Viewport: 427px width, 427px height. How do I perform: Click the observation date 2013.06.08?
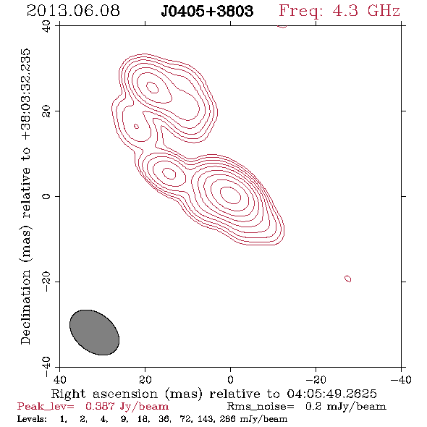[73, 11]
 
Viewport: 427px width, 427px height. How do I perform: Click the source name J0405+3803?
[207, 11]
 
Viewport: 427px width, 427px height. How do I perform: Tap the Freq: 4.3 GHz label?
[339, 11]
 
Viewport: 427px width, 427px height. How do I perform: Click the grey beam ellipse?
[95, 332]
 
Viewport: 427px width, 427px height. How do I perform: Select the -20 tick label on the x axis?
[316, 380]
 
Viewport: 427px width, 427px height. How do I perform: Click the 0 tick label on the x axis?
[230, 380]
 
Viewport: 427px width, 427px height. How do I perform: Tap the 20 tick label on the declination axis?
[46, 111]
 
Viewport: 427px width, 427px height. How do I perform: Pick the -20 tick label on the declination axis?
[46, 282]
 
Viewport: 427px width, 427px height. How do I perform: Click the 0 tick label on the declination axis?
[46, 196]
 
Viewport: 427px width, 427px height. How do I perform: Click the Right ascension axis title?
[214, 394]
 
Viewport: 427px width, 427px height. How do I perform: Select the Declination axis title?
[25, 197]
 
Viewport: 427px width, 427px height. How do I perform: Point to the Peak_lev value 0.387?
[100, 407]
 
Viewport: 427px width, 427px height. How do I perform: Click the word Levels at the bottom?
[32, 419]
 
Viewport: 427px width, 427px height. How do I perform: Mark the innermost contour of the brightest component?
[230, 195]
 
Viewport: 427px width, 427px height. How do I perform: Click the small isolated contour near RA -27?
[348, 279]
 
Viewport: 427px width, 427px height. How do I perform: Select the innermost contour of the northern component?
[153, 88]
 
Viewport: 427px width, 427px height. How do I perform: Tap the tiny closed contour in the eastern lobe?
[137, 127]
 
